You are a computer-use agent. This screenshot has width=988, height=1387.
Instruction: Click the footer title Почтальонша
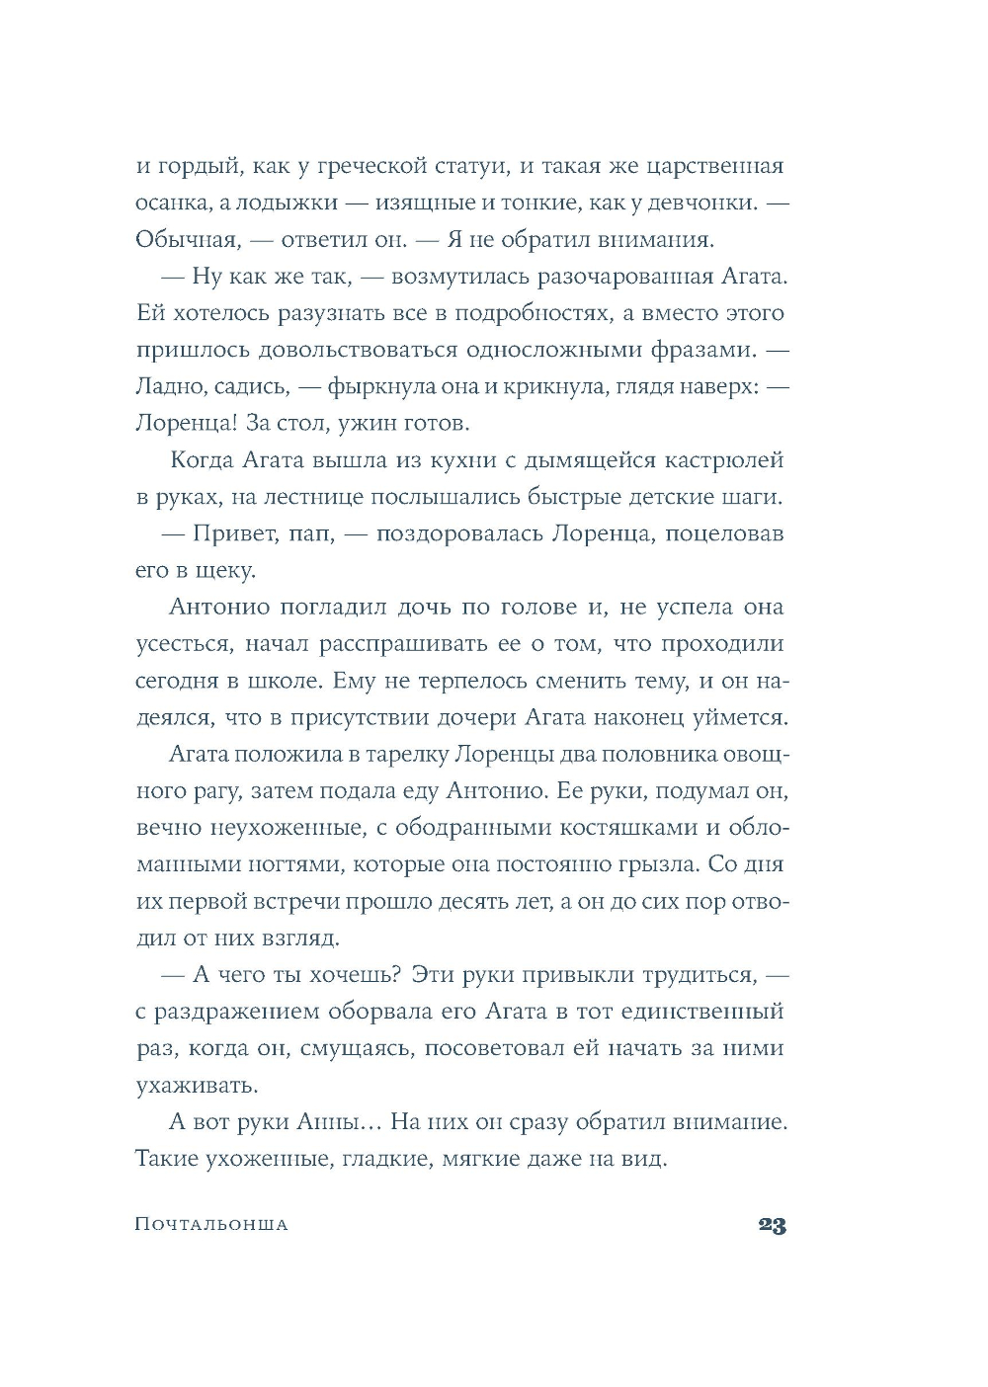tap(211, 1225)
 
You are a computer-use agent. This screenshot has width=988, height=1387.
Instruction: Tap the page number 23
tap(772, 1226)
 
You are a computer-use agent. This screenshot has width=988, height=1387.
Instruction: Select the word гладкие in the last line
tap(388, 1159)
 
